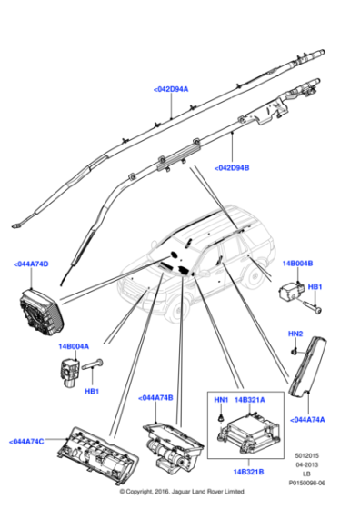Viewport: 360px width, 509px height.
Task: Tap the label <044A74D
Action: pos(32,264)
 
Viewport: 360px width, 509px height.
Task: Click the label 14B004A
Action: pos(75,346)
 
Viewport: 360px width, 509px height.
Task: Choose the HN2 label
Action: pos(296,334)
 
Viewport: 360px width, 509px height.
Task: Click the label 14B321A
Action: pos(250,401)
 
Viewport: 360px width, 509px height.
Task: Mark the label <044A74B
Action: pos(157,397)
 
